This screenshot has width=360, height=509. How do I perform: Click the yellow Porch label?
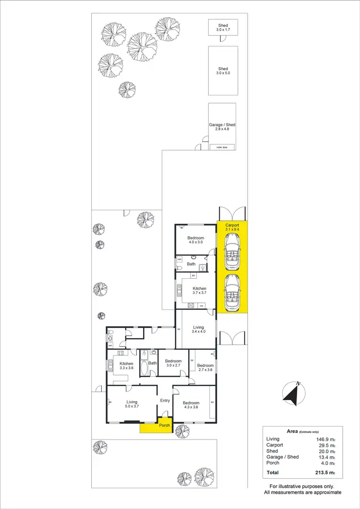[x=165, y=426]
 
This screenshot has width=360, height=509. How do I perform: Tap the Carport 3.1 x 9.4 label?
[x=232, y=227]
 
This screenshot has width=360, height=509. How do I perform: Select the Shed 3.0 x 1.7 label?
[x=223, y=28]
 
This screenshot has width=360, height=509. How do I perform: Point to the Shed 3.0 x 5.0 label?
[x=223, y=71]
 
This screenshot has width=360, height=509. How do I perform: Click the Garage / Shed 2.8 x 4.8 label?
[x=222, y=127]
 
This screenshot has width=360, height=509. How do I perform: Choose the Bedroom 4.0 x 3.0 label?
[x=195, y=240]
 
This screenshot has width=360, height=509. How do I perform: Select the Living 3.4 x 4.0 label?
[x=198, y=329]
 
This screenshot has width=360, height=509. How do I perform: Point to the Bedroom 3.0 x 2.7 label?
[x=173, y=364]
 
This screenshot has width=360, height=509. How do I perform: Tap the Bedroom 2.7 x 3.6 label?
[x=205, y=367]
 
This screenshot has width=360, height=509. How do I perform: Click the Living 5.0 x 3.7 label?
[x=132, y=404]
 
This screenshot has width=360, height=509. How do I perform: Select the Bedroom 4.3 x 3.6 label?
[x=191, y=405]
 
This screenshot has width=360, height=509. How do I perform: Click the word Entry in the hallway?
[x=165, y=401]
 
